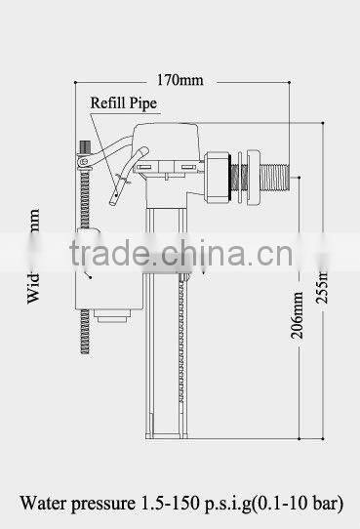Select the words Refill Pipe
(x=124, y=101)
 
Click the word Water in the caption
(x=45, y=504)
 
